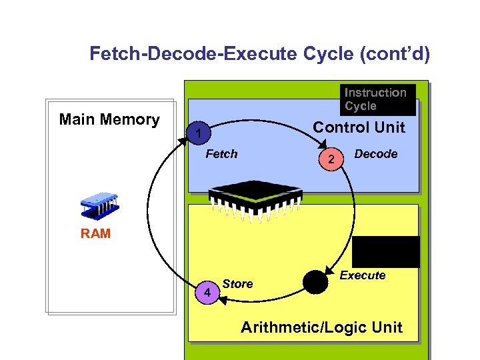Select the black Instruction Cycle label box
377,99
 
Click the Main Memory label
109,120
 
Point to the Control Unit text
359,127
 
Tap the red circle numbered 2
331,159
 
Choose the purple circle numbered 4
208,293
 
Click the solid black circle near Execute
315,282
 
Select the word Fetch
221,154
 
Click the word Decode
375,154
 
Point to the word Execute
363,275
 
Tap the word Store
238,284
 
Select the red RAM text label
96,234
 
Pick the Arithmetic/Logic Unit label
321,327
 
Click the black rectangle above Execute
386,251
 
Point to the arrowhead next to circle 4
223,301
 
